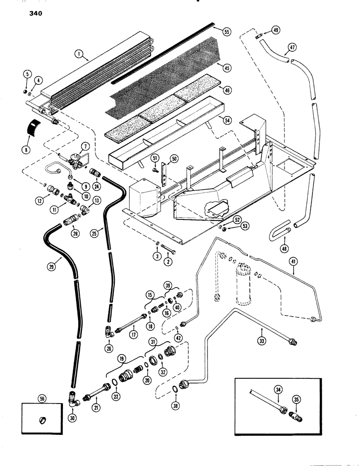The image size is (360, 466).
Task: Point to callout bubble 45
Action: pyautogui.click(x=228, y=69)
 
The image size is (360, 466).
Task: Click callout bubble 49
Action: pyautogui.click(x=276, y=30)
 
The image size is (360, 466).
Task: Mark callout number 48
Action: pyautogui.click(x=284, y=249)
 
